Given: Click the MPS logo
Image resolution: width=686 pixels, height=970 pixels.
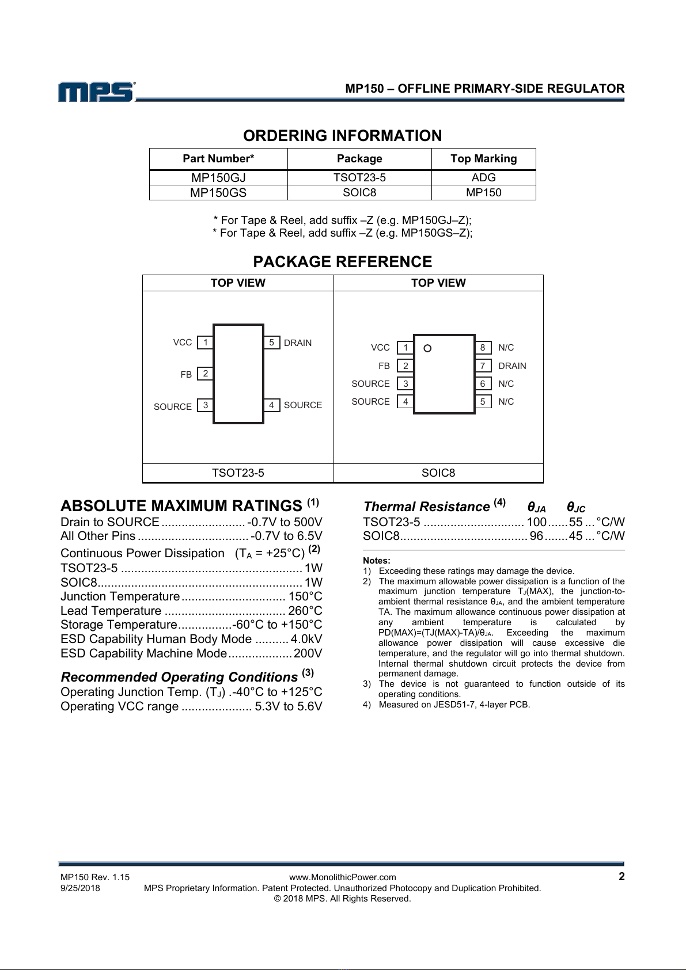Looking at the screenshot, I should click(x=96, y=92).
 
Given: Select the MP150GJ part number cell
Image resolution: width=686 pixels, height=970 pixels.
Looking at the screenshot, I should click(x=218, y=178).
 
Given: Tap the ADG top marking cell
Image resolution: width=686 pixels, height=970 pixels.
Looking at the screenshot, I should click(x=483, y=178).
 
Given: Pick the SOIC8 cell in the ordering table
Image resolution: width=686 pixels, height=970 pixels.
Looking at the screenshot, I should click(x=359, y=193).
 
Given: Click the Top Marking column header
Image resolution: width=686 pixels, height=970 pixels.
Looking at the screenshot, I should click(x=483, y=159).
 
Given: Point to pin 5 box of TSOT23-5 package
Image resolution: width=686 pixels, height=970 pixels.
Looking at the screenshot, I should click(x=271, y=343).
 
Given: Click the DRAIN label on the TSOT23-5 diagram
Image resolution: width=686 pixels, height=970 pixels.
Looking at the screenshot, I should click(x=298, y=343).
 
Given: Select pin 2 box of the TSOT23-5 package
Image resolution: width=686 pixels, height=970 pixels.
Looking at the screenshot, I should click(x=205, y=374).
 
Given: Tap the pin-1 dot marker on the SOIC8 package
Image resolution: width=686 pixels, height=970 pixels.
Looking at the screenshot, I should click(x=427, y=348).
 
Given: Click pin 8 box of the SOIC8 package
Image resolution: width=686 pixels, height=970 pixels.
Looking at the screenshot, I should click(x=483, y=348).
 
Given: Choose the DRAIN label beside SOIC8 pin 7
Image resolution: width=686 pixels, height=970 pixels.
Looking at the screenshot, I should click(x=512, y=366).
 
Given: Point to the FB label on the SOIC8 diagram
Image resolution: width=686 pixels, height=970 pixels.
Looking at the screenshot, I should click(x=384, y=366).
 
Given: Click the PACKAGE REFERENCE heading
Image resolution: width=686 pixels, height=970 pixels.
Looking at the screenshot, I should click(x=343, y=262).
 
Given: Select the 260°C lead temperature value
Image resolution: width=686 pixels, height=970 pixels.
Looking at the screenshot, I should click(x=305, y=611).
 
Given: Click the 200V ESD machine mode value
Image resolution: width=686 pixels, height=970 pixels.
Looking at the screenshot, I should click(x=308, y=653).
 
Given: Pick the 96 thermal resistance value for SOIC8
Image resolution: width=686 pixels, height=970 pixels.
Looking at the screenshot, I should click(x=536, y=536).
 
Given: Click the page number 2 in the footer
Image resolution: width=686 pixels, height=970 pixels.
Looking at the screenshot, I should click(x=621, y=877).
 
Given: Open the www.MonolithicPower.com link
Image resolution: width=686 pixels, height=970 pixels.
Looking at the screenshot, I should click(x=343, y=877).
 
